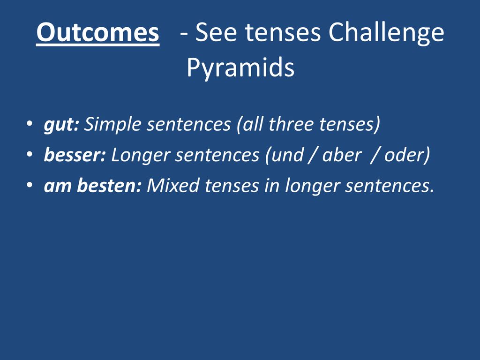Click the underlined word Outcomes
[97, 32]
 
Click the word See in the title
[216, 32]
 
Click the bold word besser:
[75, 155]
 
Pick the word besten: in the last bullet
[109, 186]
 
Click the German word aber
[342, 155]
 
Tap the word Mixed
[173, 186]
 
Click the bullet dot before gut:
[30, 124]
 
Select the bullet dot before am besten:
[30, 185]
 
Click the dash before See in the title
[184, 34]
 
